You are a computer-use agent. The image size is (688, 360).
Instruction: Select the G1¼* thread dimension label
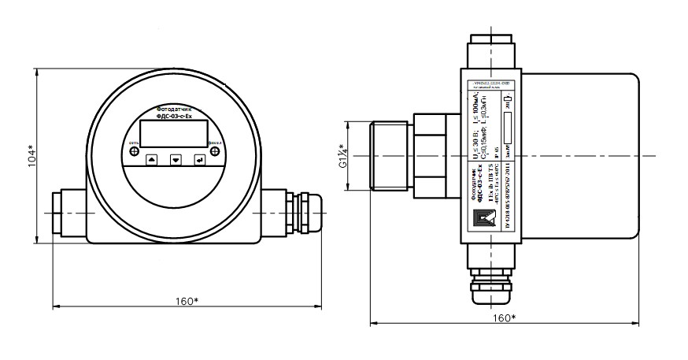tap(343, 157)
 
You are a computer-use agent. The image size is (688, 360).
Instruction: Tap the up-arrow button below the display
tap(152, 158)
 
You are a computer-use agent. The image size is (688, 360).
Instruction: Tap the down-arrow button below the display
tap(176, 158)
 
